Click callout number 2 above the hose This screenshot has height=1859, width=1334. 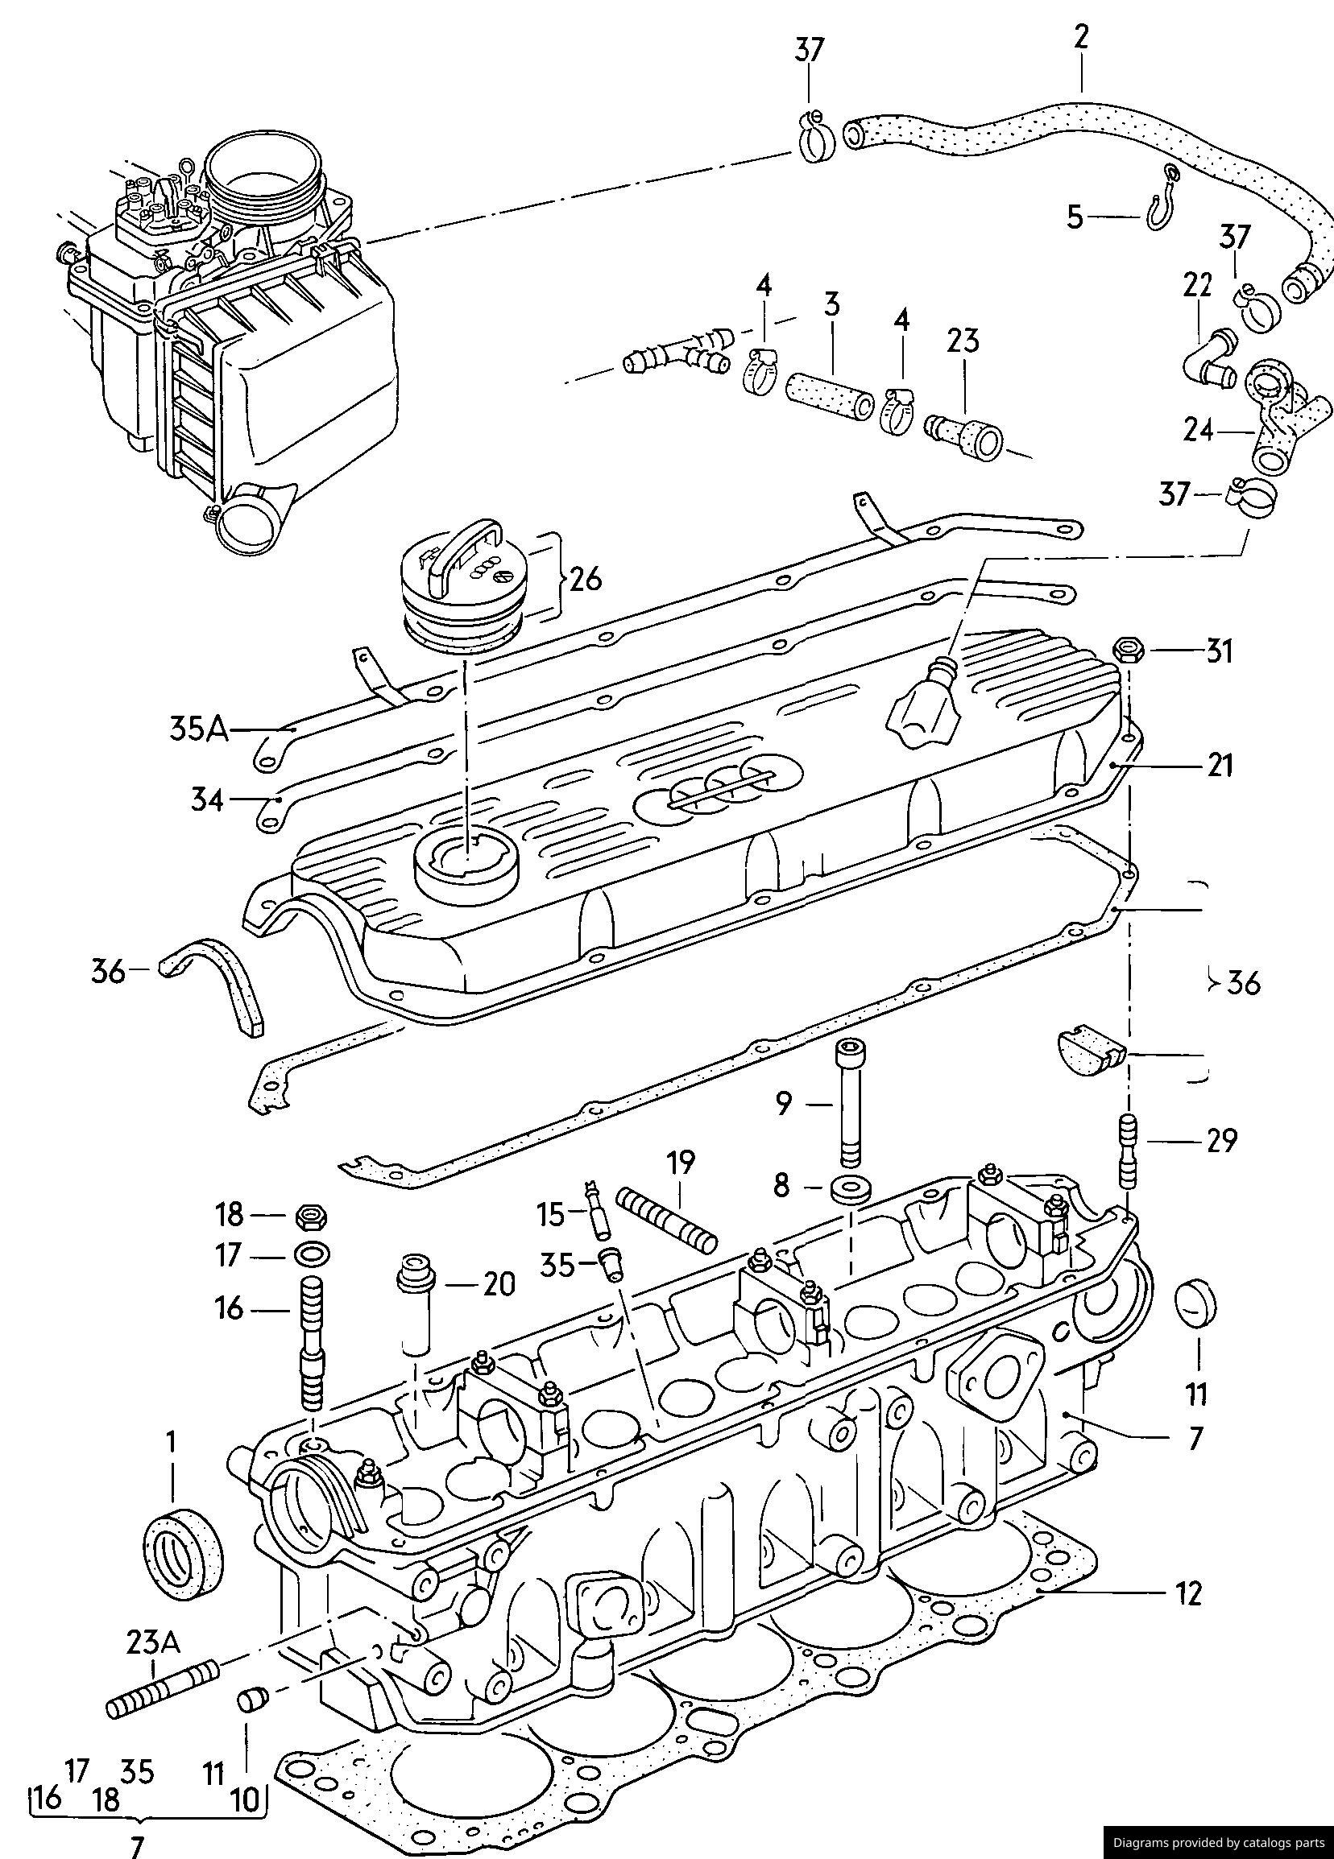tap(1082, 38)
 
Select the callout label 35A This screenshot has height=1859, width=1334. tap(198, 728)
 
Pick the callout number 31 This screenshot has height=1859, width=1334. tap(1220, 651)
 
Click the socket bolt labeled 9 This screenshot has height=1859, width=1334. tap(849, 1103)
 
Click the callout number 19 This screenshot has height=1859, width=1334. tap(681, 1162)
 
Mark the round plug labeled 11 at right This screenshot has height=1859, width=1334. tap(1197, 1303)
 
